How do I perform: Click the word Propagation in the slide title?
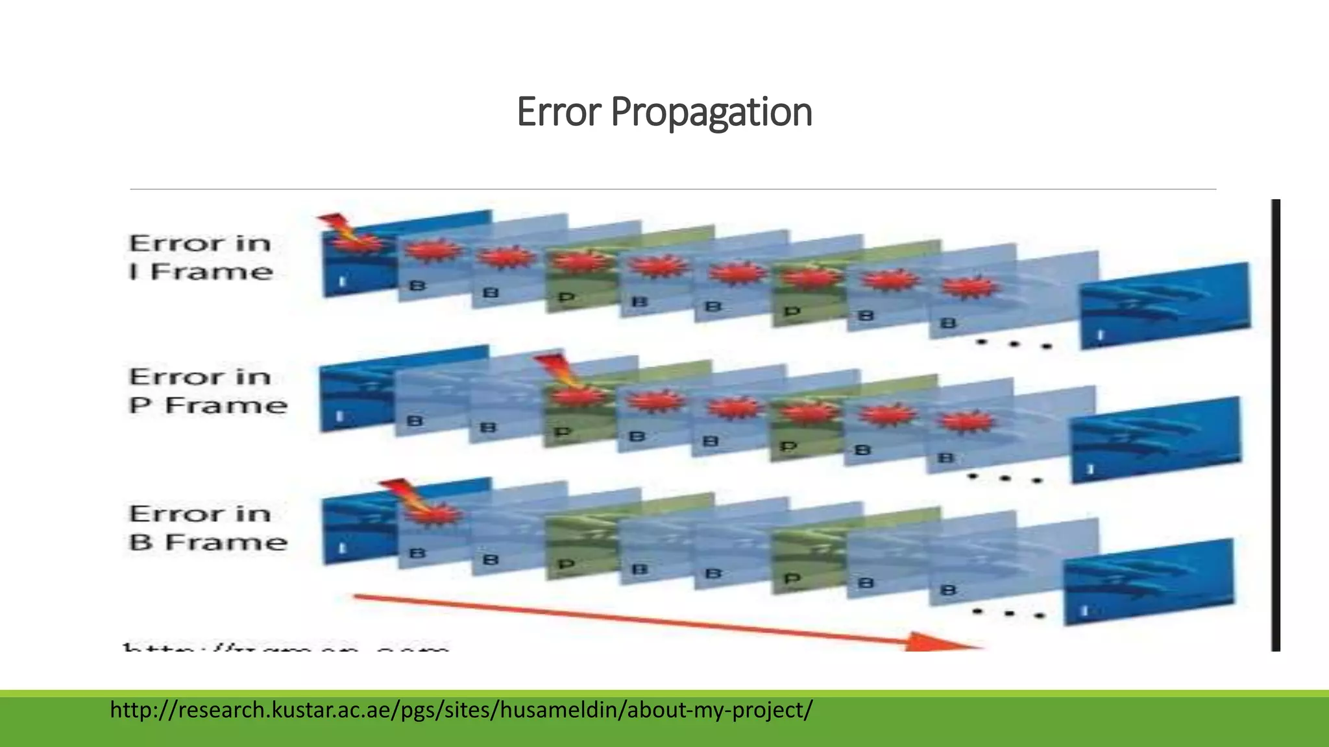[x=711, y=112]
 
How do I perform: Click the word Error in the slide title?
[x=559, y=112]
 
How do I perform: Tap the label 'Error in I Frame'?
[x=201, y=257]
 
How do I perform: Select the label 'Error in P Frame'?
[x=208, y=391]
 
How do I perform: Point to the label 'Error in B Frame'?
[x=208, y=528]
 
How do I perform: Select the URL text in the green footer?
[x=461, y=710]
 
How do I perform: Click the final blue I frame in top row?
[x=1165, y=305]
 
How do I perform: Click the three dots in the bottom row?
[x=1008, y=613]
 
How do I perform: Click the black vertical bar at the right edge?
[x=1276, y=425]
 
